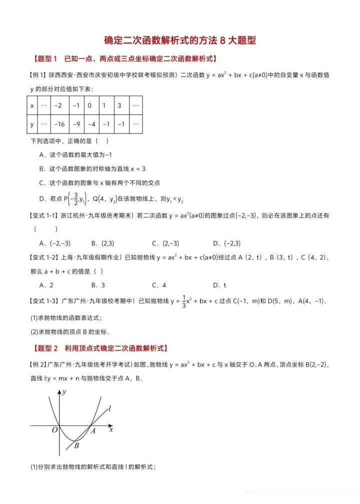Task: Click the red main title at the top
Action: click(x=180, y=40)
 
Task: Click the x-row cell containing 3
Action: click(x=119, y=105)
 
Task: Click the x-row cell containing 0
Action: click(x=90, y=105)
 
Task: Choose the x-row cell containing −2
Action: click(x=59, y=105)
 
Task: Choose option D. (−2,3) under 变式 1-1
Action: click(x=226, y=243)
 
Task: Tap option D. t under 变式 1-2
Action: click(x=219, y=285)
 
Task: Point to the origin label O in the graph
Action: click(x=55, y=430)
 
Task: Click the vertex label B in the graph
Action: click(x=76, y=446)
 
